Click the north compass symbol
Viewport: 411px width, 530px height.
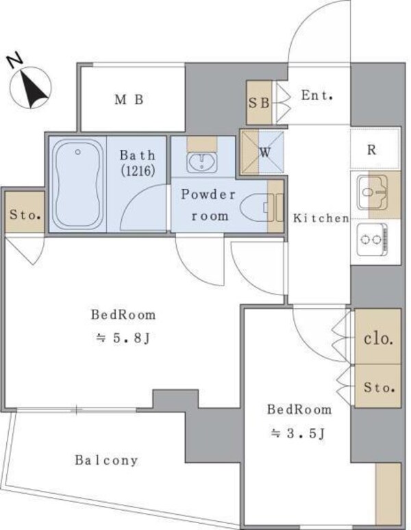(30, 86)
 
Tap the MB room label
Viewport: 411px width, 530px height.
(129, 100)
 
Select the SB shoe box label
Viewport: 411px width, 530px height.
(259, 103)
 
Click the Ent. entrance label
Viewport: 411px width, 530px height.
(316, 95)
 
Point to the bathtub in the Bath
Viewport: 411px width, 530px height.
(78, 185)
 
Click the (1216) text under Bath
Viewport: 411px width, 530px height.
(138, 171)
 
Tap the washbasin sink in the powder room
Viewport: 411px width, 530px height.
(202, 162)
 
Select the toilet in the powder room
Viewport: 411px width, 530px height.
(258, 208)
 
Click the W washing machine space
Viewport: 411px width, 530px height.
(262, 152)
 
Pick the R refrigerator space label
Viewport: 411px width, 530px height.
(371, 149)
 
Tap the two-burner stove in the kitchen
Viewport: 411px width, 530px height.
(373, 239)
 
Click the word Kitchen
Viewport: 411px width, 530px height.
(321, 218)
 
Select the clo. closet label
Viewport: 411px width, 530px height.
(378, 338)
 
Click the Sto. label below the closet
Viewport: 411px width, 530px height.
(379, 387)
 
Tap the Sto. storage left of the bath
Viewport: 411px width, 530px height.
(25, 214)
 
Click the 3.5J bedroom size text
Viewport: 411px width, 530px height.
(298, 433)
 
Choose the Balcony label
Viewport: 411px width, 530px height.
(106, 460)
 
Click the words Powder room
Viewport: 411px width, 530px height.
(208, 205)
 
